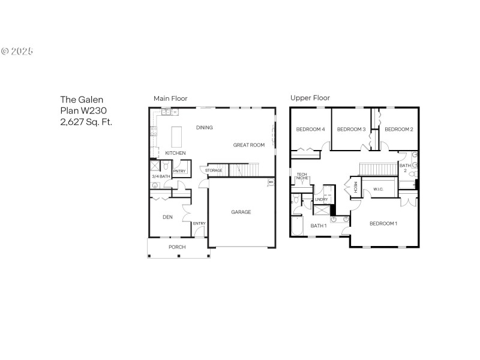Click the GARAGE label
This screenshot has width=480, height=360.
241,212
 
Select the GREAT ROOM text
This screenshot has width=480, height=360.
249,145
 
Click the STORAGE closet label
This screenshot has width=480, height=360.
214,170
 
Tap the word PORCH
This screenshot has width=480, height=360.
177,247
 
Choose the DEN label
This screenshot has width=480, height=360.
168,217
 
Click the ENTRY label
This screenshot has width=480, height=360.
199,224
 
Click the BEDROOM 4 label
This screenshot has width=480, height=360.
310,129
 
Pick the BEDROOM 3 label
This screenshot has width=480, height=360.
351,129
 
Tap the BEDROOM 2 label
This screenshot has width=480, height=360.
398,129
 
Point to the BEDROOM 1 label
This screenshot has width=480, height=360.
383,224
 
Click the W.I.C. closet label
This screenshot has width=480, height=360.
378,190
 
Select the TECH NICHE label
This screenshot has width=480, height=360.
302,176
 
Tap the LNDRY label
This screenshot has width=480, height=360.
322,199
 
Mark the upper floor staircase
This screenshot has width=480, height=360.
376,167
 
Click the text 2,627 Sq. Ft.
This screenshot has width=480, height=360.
86,122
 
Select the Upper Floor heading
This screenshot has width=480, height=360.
310,98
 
